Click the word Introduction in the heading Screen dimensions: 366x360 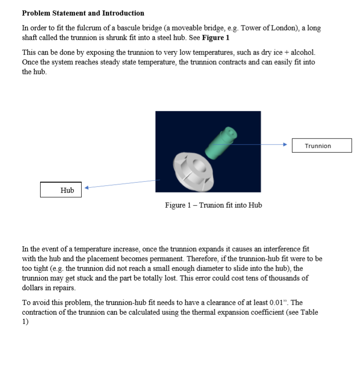(x=120, y=13)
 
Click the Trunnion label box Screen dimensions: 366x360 (x=322, y=146)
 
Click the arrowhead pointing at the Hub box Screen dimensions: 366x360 (x=86, y=188)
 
